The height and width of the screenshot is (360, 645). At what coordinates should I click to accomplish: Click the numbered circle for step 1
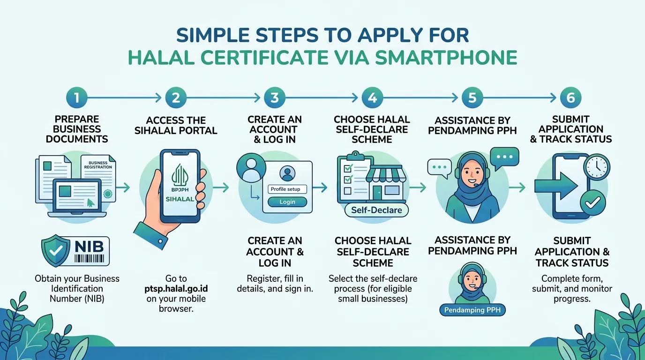tap(76, 97)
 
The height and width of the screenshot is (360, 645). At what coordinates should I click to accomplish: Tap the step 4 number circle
tap(373, 97)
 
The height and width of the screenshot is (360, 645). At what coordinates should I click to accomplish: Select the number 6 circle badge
tap(571, 97)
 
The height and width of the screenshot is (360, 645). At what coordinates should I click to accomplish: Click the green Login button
tap(287, 202)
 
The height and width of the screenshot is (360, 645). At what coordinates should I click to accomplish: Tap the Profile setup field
tap(287, 189)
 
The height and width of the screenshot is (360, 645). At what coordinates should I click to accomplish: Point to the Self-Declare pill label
tap(376, 210)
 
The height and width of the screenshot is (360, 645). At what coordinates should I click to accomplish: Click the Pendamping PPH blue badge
tap(472, 310)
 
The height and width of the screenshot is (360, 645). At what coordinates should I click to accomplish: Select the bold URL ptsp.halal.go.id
tap(176, 289)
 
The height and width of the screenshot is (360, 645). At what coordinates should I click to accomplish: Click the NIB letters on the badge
tap(89, 247)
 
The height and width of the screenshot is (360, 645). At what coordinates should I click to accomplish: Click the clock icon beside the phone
tap(597, 167)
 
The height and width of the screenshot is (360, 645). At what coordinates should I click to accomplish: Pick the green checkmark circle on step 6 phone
tap(592, 203)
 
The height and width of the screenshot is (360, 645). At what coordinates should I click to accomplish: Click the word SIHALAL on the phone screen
tap(180, 199)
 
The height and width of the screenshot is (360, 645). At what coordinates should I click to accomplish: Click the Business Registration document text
tap(98, 165)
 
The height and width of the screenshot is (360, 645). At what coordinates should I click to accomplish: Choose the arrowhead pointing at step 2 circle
tap(158, 98)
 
